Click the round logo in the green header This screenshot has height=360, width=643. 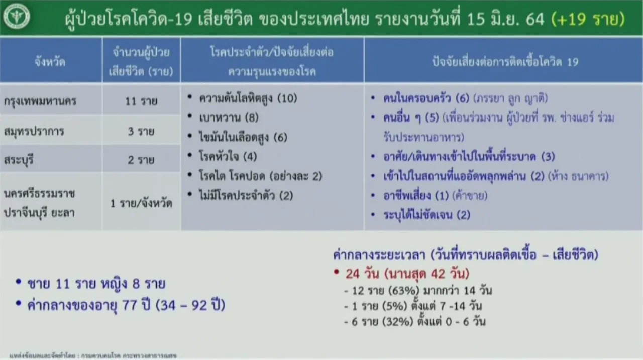(x=17, y=16)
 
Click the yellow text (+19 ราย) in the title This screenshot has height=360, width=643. (x=588, y=19)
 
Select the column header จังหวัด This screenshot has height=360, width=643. (x=50, y=62)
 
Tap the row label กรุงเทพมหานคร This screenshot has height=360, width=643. (x=40, y=101)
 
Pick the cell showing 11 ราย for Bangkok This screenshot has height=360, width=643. (x=141, y=101)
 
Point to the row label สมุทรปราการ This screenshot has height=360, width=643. (x=34, y=132)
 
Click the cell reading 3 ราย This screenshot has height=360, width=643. (x=141, y=132)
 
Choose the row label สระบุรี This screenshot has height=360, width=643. (x=19, y=160)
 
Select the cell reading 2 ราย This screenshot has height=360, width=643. (x=141, y=160)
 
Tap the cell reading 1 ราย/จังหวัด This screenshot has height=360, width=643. (x=141, y=203)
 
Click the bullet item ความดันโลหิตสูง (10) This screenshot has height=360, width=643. (x=248, y=98)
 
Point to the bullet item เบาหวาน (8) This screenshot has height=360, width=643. (x=229, y=117)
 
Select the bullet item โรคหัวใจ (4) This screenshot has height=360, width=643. (x=228, y=156)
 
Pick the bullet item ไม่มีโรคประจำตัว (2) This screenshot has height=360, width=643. (x=246, y=196)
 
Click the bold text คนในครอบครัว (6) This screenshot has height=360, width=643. (x=426, y=98)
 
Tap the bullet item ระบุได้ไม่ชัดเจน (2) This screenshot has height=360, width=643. (x=427, y=215)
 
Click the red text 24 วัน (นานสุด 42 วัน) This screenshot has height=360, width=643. (x=407, y=274)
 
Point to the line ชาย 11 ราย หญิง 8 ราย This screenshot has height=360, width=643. (x=96, y=284)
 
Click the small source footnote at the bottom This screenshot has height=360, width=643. (x=93, y=356)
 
